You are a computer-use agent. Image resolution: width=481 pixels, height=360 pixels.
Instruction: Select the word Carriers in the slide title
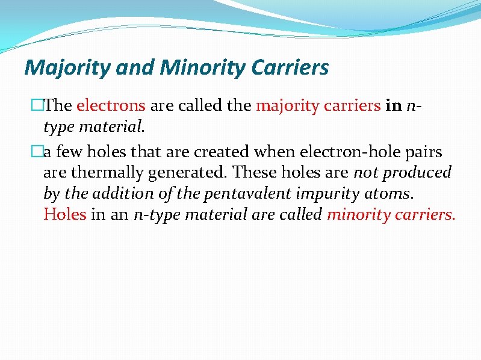tap(290, 67)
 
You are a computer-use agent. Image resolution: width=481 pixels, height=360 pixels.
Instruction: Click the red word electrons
tap(111, 106)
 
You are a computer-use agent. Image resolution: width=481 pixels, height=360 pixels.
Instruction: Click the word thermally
tap(105, 173)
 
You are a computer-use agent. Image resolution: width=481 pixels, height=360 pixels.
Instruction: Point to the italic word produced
tap(418, 173)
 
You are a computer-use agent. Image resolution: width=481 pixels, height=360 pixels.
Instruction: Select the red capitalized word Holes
tap(64, 214)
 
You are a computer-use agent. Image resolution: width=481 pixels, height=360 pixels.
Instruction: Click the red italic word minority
tap(359, 214)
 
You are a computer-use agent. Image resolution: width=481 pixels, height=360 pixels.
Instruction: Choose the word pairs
tap(424, 151)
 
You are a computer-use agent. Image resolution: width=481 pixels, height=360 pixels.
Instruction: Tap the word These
tap(254, 173)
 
